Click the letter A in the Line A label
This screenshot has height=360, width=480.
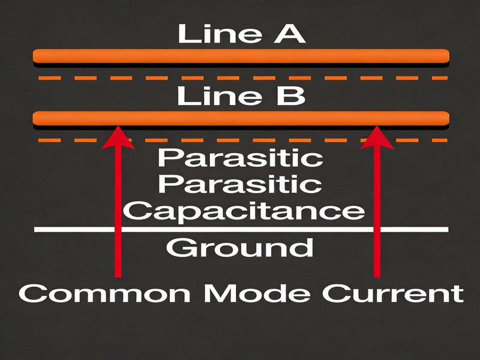tap(289, 34)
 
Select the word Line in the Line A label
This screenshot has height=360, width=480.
tap(220, 34)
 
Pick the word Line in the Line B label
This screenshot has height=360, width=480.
tap(220, 96)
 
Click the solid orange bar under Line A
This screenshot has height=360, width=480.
tap(241, 56)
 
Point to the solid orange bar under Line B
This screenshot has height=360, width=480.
tap(241, 118)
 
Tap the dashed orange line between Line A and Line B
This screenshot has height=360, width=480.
tap(243, 78)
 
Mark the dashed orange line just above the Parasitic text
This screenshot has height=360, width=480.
tap(243, 140)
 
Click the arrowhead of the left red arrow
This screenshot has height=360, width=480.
tap(118, 138)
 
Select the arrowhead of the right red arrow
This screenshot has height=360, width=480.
tap(377, 138)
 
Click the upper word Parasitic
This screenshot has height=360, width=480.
tap(241, 158)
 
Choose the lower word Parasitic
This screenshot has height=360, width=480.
tap(241, 184)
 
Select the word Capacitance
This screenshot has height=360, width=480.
tap(244, 211)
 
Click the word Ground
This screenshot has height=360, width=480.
tap(239, 248)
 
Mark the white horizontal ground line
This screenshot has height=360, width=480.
tap(241, 230)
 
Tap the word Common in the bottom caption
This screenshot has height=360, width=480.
tap(104, 293)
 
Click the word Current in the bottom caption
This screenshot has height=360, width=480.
tap(393, 293)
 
